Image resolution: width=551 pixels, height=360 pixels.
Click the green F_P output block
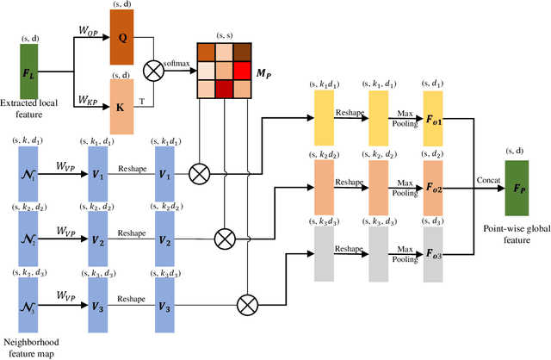pyautogui.click(x=516, y=186)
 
